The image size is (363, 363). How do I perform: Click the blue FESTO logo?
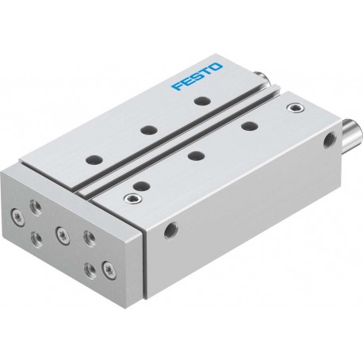[x=197, y=77]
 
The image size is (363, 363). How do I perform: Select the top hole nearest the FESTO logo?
[x=202, y=101]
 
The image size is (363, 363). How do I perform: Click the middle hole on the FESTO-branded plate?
[x=149, y=130]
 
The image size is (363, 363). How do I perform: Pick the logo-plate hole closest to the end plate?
[x=94, y=159]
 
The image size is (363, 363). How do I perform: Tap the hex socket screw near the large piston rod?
[x=296, y=108]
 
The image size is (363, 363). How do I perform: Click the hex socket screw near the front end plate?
[x=132, y=197]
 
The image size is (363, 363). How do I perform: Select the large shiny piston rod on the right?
[x=353, y=130]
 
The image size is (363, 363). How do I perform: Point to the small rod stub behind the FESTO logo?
[x=262, y=78]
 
